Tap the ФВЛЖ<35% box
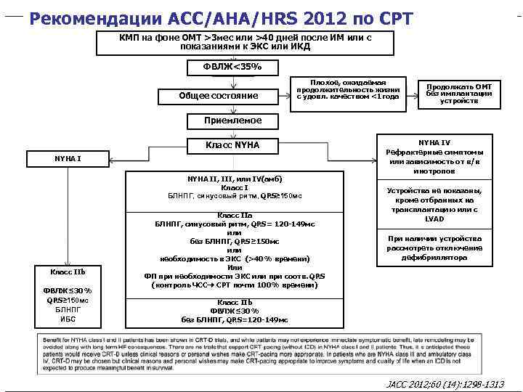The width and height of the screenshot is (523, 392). point(232,68)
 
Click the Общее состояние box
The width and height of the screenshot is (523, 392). point(218,96)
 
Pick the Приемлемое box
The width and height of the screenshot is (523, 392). point(232,120)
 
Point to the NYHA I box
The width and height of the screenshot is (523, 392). point(68,158)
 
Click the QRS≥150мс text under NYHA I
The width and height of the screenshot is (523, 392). point(68,300)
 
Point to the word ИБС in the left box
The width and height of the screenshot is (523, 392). point(68,319)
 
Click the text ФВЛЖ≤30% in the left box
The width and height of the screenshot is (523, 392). point(68,290)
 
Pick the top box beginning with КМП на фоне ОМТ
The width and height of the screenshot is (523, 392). point(245,41)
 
